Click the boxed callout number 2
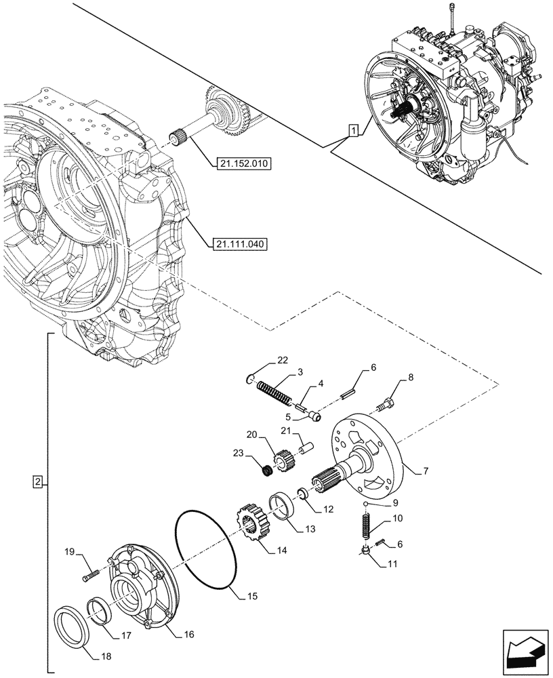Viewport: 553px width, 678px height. (x=37, y=481)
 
